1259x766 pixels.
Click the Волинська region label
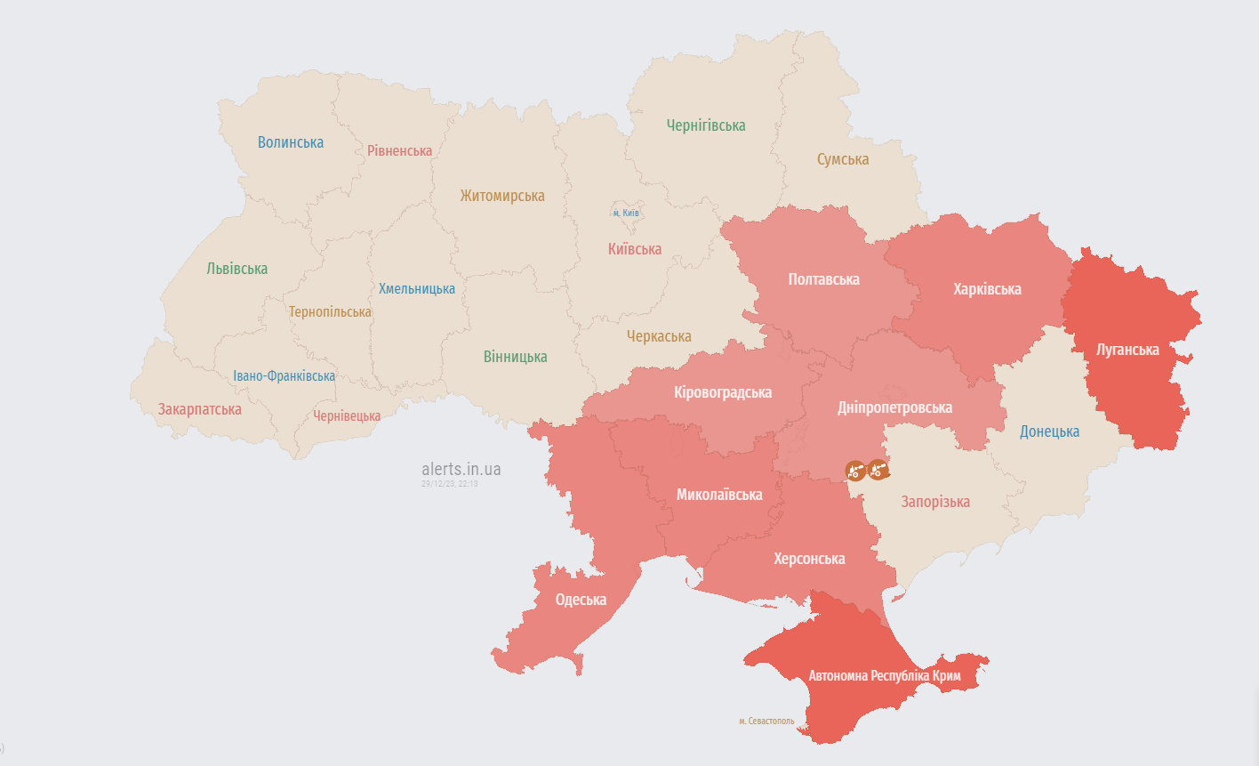[291, 142]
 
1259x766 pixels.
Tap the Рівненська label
[399, 151]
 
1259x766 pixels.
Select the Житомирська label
[502, 196]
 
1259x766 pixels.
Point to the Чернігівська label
[706, 125]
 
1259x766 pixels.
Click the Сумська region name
[843, 159]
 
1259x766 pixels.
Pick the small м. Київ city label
[626, 214]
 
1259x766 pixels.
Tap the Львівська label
[237, 269]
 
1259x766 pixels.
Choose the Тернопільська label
[330, 312]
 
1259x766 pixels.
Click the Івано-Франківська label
[285, 376]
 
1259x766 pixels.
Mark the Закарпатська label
[200, 410]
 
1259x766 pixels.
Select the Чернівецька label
[347, 416]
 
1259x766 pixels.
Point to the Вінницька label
[516, 357]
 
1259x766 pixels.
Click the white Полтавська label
[823, 279]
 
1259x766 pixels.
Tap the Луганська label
[1127, 350]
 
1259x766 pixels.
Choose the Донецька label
[1049, 431]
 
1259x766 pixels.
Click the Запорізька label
[935, 502]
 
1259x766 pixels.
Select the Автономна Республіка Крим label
[885, 676]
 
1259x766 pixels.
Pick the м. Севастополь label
[766, 722]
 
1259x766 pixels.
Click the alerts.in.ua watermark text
[461, 469]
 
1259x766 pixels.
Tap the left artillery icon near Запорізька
[855, 470]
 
